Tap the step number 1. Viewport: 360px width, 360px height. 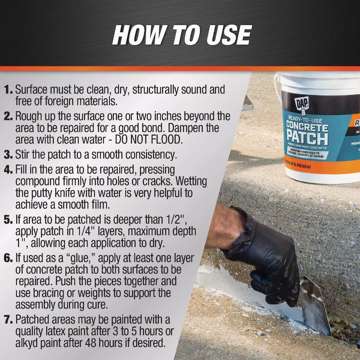pos(8,90)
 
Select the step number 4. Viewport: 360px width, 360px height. pos(8,170)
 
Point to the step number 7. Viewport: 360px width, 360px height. pos(8,320)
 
